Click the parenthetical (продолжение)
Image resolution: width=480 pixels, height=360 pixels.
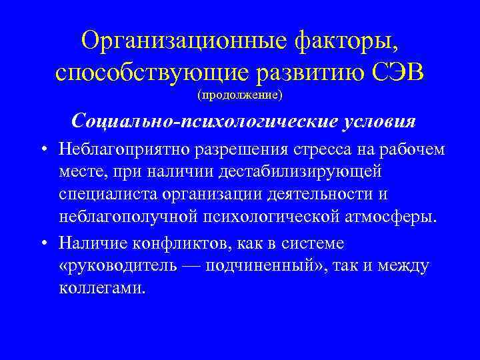tap(240, 95)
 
